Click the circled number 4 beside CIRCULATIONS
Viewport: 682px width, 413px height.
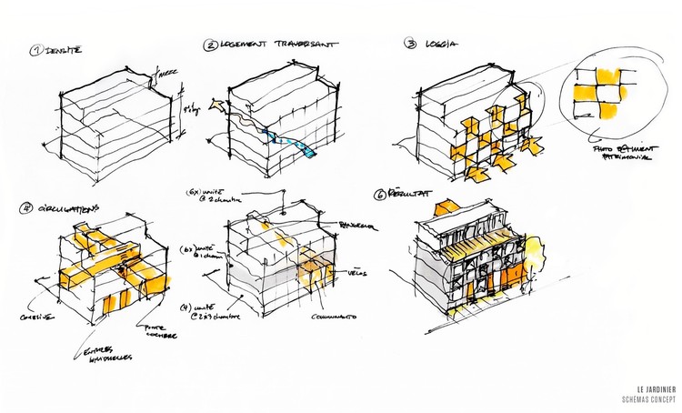26,207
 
